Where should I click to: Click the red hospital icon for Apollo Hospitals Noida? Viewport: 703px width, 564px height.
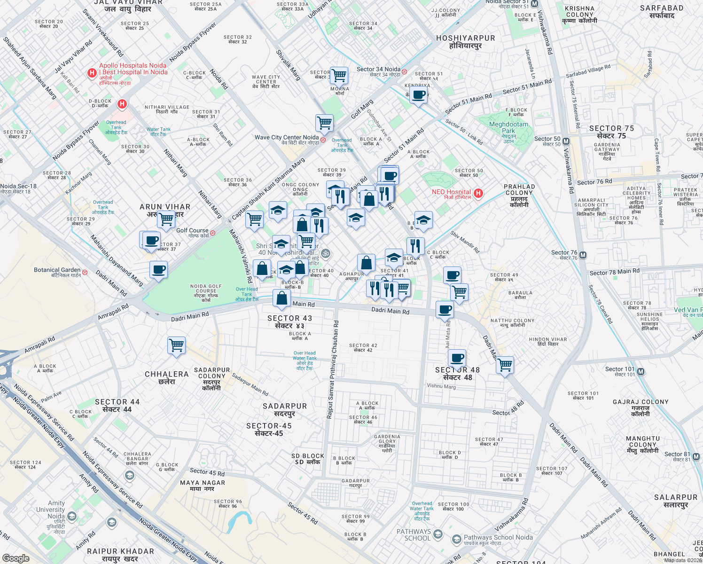(x=92, y=73)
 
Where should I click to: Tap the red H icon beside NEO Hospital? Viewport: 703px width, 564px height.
(x=478, y=193)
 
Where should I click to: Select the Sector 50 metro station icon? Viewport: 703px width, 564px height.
(x=566, y=141)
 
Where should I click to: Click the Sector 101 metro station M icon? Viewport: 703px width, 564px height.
(x=640, y=372)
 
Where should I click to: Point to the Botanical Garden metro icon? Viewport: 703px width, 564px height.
(x=85, y=272)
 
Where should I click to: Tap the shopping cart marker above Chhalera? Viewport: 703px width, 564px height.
(x=177, y=345)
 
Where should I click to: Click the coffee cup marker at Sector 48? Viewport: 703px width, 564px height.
(x=457, y=358)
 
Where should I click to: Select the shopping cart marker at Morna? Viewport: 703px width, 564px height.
(x=339, y=75)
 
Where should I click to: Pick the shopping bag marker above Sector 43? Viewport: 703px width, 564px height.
(x=281, y=298)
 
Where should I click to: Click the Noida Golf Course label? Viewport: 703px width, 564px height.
(x=206, y=289)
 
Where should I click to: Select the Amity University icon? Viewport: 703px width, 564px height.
(x=72, y=517)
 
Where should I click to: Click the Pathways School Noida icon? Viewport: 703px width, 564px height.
(x=456, y=539)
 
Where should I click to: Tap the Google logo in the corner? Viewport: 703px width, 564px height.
(x=16, y=558)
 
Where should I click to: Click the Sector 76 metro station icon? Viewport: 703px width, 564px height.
(x=583, y=255)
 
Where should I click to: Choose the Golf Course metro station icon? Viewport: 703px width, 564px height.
(x=212, y=233)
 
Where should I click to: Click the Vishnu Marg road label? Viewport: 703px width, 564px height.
(x=441, y=386)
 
